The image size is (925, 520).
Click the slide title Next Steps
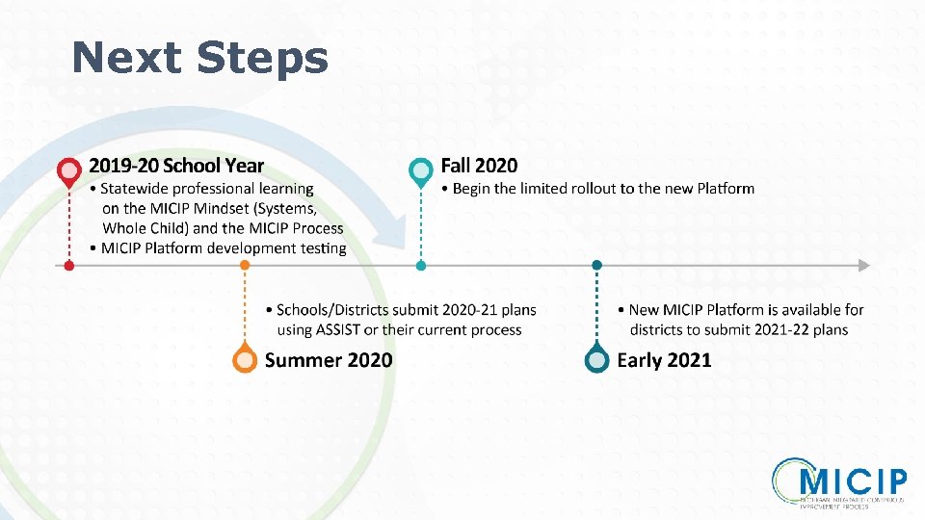[199, 57]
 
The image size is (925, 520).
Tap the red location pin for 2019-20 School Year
[68, 171]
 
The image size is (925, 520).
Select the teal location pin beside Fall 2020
[420, 171]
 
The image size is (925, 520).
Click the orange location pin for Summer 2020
[246, 359]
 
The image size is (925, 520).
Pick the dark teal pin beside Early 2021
[597, 359]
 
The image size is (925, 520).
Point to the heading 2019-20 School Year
[176, 167]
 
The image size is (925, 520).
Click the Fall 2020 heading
[479, 166]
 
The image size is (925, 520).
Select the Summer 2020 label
[329, 360]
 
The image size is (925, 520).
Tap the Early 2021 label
[665, 360]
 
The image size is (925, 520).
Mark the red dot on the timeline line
[68, 265]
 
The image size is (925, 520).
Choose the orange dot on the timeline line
[246, 265]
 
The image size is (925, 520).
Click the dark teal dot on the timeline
[597, 265]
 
